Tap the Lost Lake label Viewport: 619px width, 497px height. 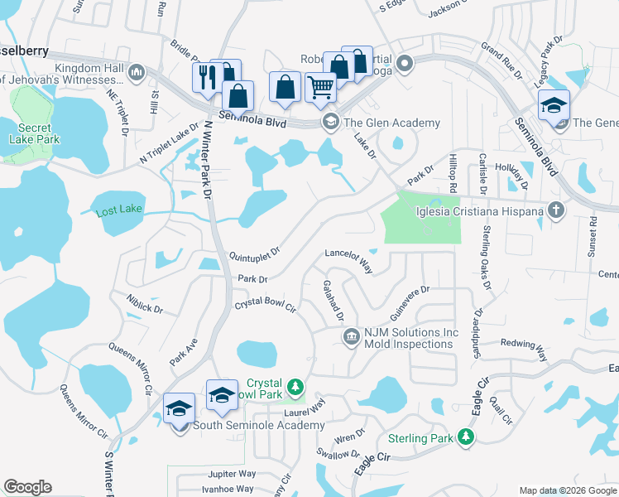tap(119, 210)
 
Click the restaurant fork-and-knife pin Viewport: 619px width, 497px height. tap(204, 77)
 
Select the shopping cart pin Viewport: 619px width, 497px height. tap(320, 86)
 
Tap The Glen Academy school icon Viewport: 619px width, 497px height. tap(330, 123)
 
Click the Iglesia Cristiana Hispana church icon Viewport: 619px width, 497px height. tap(556, 211)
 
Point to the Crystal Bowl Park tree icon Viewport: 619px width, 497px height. tap(294, 387)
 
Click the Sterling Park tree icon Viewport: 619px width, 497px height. tap(467, 437)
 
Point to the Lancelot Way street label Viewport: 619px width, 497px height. tap(349, 258)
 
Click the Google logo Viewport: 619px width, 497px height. tap(27, 487)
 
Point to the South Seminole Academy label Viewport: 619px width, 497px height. tap(259, 426)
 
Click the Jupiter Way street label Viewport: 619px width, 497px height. tap(232, 474)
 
